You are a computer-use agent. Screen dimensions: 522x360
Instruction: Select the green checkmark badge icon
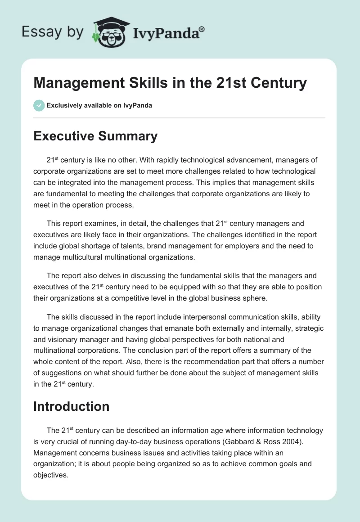tap(39, 105)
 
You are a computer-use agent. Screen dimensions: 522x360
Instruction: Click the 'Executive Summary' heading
tap(95, 136)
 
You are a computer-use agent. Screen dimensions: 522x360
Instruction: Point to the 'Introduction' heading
tap(72, 406)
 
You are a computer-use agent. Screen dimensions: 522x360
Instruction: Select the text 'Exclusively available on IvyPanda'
tap(99, 105)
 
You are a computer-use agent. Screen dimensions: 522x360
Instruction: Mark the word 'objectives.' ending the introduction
tap(51, 474)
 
